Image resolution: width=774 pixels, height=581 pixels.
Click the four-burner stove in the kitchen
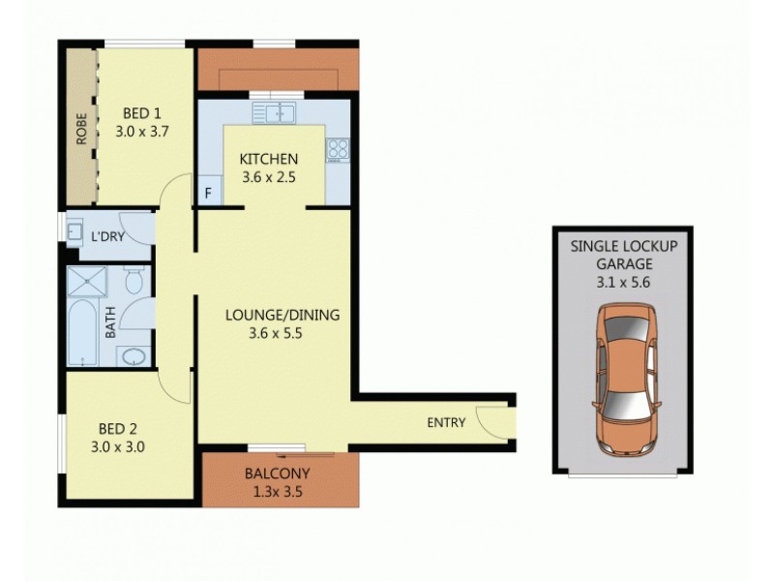pyautogui.click(x=338, y=150)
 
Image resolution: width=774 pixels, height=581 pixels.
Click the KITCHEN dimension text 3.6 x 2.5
pyautogui.click(x=269, y=178)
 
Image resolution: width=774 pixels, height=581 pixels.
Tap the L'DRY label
pyautogui.click(x=105, y=235)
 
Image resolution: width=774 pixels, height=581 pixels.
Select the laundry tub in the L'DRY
pyautogui.click(x=74, y=232)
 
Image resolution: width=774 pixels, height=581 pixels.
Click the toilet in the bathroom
pyautogui.click(x=135, y=282)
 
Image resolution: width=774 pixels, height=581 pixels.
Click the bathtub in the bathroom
pyautogui.click(x=83, y=335)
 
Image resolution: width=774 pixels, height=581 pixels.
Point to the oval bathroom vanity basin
pyautogui.click(x=134, y=357)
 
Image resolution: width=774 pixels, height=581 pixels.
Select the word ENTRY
pyautogui.click(x=446, y=422)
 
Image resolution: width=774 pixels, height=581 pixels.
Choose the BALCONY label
pyautogui.click(x=277, y=474)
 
